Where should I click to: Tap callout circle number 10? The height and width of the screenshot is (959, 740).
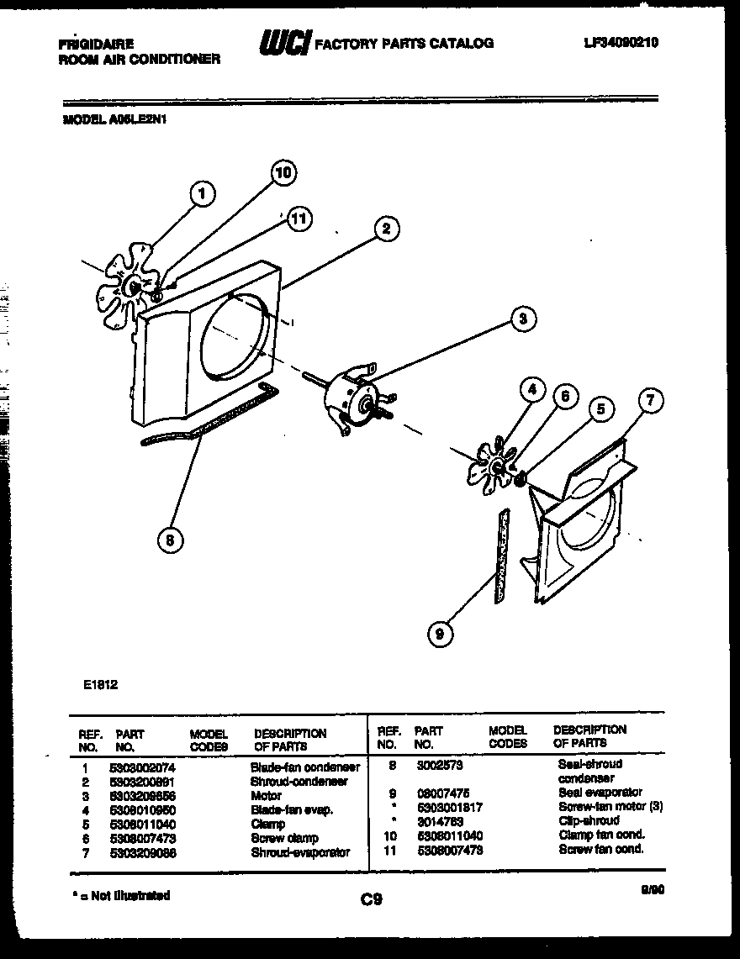283,173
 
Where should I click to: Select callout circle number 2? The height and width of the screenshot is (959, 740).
386,229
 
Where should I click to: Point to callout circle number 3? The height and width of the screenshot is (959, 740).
523,319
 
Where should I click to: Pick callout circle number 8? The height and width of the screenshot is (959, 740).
171,541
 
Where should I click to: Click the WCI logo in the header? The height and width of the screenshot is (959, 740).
285,41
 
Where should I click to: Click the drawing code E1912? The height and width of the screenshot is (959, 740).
101,685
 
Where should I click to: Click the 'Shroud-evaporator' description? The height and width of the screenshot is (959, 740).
299,851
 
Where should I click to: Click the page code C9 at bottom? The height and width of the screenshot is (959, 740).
372,900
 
